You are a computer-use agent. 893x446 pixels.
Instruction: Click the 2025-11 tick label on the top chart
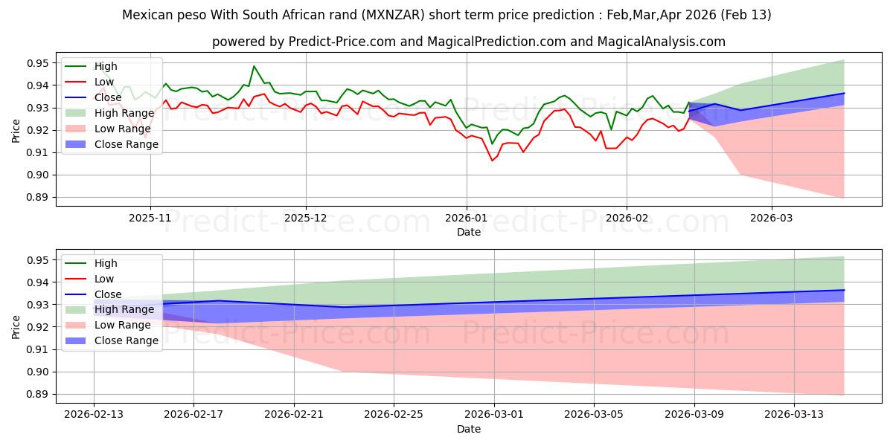point(150,219)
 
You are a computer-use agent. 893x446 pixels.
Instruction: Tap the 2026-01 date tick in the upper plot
point(467,219)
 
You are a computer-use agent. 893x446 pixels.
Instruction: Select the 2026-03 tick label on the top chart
point(772,219)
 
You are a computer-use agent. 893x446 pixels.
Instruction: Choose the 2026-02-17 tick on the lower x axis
point(193,416)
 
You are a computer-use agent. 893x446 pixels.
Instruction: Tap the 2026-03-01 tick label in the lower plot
point(494,416)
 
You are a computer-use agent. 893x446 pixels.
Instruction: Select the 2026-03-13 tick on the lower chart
point(795,416)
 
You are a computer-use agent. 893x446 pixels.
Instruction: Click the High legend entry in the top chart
point(105,66)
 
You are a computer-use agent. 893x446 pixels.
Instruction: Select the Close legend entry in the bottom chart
point(109,294)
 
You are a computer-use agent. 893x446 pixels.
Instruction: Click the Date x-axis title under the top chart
point(469,232)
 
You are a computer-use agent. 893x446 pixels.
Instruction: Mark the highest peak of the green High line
point(254,66)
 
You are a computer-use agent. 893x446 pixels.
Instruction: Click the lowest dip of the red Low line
point(492,161)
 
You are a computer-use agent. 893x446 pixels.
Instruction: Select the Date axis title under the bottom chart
point(469,429)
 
